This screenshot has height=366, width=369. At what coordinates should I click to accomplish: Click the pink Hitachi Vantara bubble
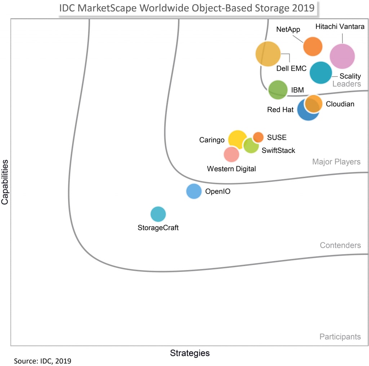point(342,56)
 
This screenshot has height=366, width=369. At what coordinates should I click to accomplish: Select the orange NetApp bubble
point(312,47)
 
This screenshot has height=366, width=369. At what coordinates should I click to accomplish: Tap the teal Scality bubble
point(321,72)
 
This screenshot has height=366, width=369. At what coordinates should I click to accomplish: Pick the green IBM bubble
point(278,90)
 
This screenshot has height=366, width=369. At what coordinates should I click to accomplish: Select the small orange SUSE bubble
point(258,137)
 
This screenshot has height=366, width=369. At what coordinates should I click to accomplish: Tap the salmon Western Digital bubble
point(231,154)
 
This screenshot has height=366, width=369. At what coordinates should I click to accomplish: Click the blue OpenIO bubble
point(194,191)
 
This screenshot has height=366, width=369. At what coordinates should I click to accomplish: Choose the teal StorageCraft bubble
point(158,214)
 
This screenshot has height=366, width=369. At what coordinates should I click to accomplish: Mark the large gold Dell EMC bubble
point(268,54)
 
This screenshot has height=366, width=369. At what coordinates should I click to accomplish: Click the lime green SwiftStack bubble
point(251,146)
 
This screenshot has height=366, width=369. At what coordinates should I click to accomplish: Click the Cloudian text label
point(340,104)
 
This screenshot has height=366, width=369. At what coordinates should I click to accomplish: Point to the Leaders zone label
point(346,84)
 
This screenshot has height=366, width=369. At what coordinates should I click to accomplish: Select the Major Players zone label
point(336,162)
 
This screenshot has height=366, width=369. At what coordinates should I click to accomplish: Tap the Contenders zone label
point(340,245)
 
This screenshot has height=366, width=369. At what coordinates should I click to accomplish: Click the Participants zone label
point(340,337)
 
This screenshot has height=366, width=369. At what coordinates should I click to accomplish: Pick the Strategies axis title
point(190,353)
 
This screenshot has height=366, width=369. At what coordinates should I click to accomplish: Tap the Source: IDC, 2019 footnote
point(43,361)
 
